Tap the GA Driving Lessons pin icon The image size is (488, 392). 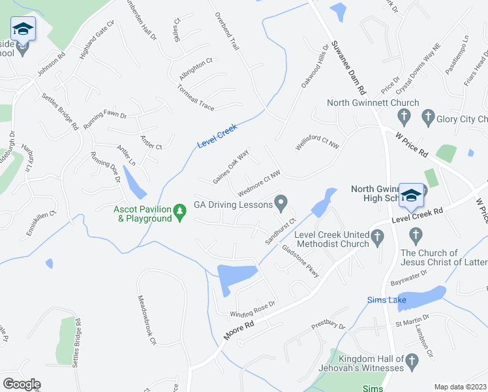click(281, 204)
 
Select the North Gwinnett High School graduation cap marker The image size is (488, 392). click(411, 195)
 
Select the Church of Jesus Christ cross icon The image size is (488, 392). click(414, 235)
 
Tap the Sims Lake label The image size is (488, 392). click(386, 301)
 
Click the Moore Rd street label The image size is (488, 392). click(238, 329)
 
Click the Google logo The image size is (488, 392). click(22, 384)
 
